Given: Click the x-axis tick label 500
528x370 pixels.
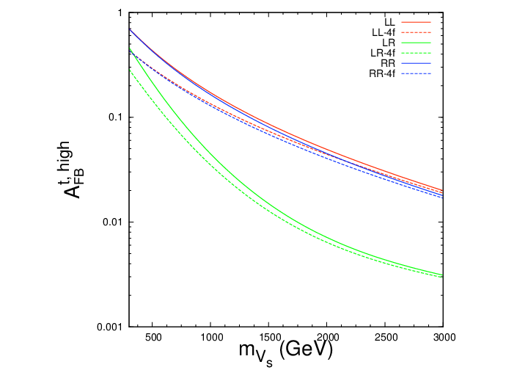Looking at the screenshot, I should pos(152,337).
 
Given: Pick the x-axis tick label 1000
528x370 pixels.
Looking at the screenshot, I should pos(210,337).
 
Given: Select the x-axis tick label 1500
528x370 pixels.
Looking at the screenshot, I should pos(268,337).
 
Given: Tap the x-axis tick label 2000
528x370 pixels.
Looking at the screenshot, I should pos(327,337).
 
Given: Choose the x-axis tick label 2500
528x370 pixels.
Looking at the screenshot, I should pos(385,337).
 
